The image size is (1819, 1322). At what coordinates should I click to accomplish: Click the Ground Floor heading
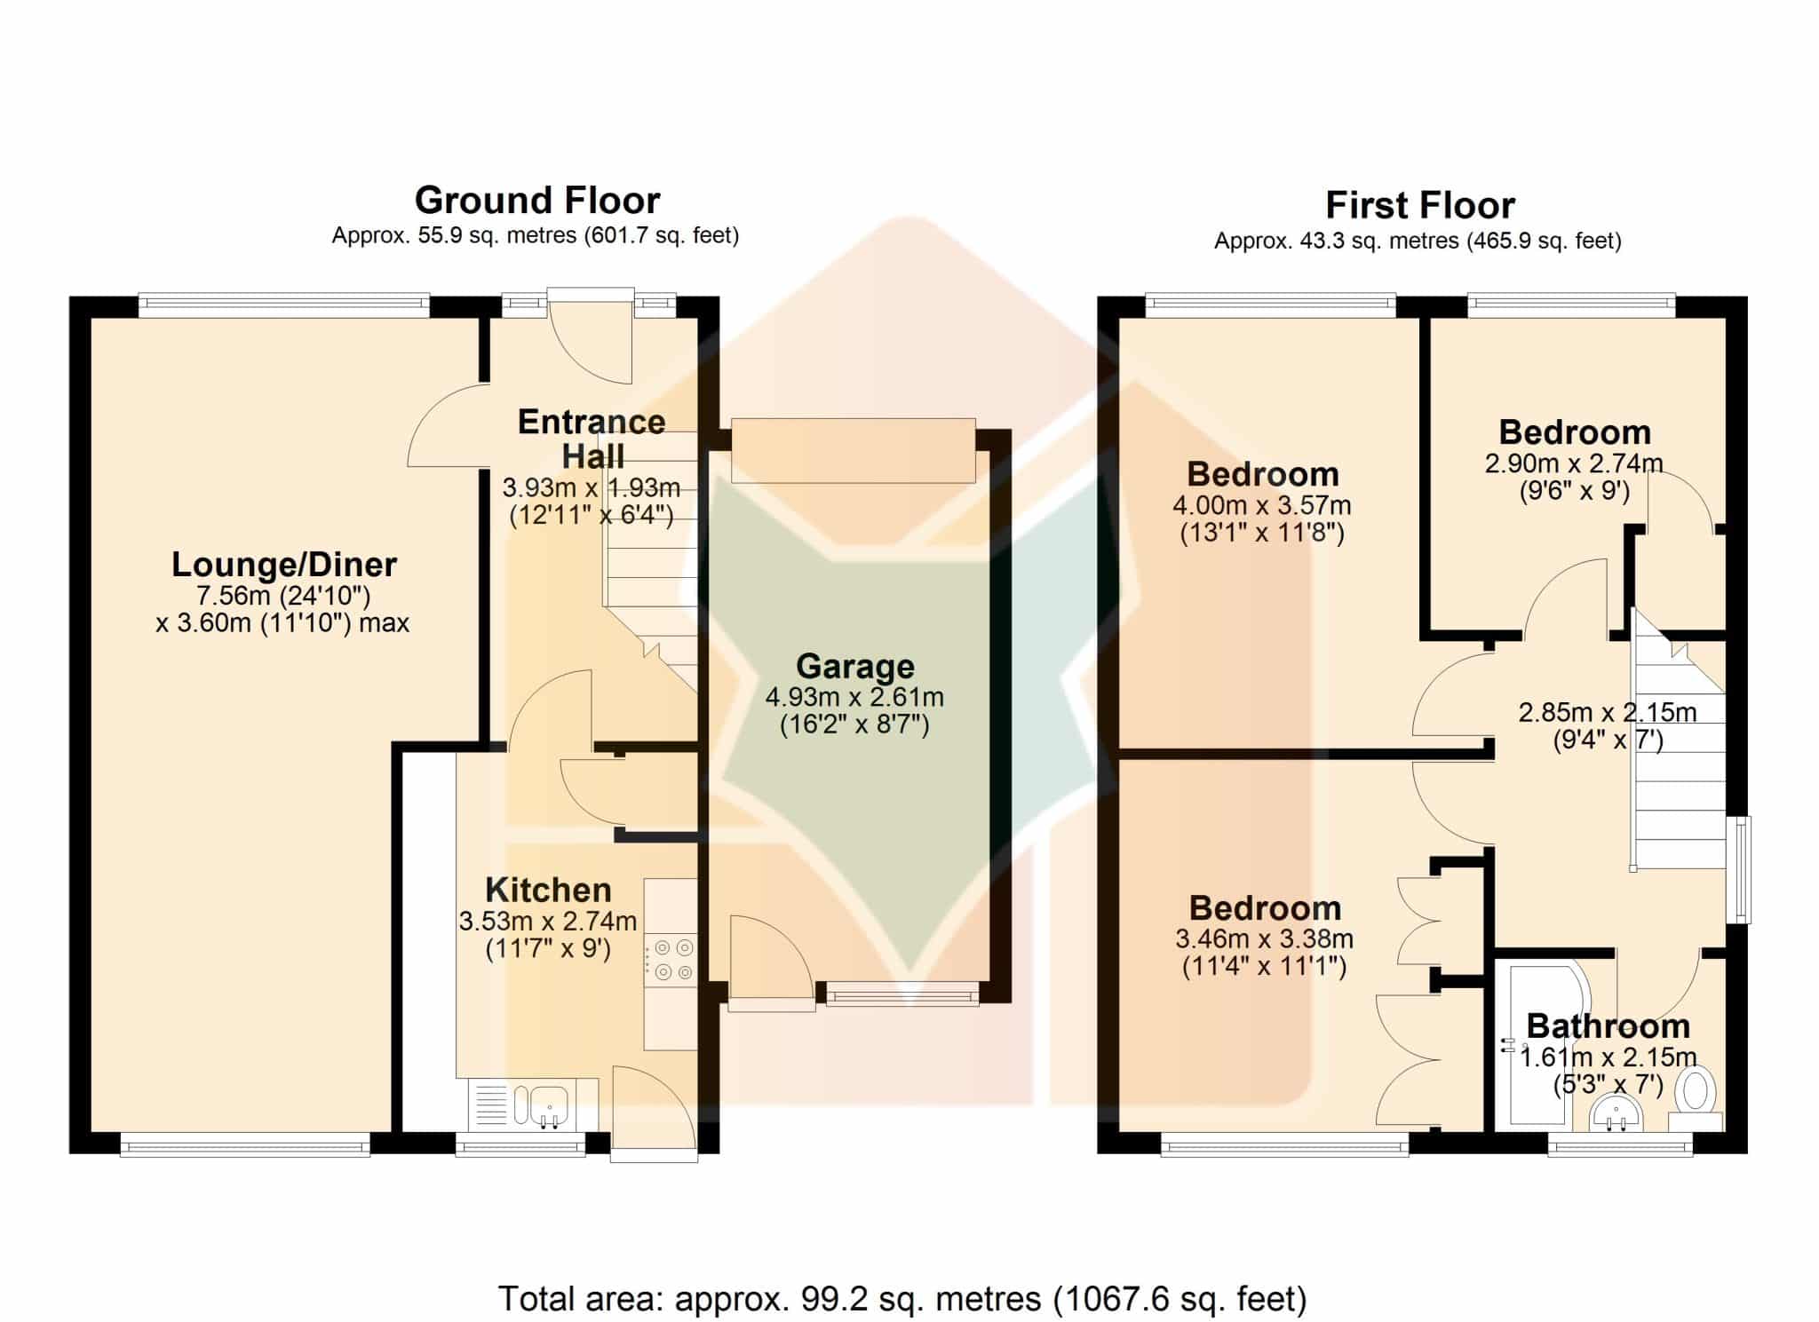(537, 201)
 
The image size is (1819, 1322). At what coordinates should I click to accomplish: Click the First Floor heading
(1420, 206)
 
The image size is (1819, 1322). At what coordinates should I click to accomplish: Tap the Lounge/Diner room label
(284, 565)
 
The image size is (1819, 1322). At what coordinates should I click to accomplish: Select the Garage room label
(855, 666)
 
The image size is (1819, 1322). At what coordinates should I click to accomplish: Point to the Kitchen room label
(548, 890)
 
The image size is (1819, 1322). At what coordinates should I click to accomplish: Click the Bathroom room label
(1608, 1026)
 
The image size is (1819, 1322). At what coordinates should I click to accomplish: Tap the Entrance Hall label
(592, 439)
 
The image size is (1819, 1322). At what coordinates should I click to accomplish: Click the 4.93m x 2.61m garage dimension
(854, 710)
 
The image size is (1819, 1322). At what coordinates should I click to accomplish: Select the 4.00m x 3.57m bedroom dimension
(1262, 519)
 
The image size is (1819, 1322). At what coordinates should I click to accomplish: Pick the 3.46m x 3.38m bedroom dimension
(1265, 952)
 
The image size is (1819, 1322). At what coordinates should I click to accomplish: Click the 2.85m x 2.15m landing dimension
(1608, 725)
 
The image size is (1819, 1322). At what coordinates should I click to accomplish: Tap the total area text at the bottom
(902, 1299)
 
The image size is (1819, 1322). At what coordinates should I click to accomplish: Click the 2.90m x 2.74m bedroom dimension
(1574, 477)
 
